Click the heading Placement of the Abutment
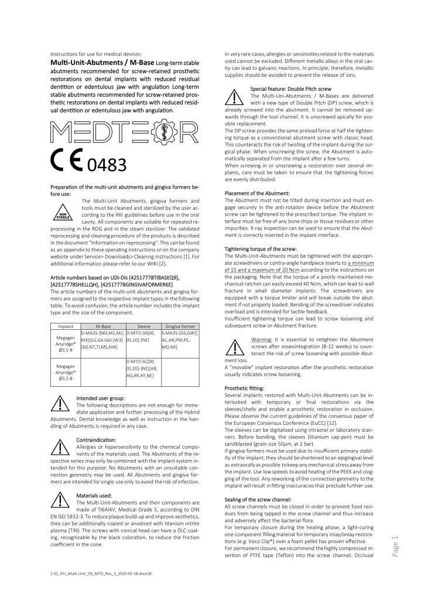pos(258,193)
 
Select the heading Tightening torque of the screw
pos(261,249)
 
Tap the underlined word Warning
pos(264,339)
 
